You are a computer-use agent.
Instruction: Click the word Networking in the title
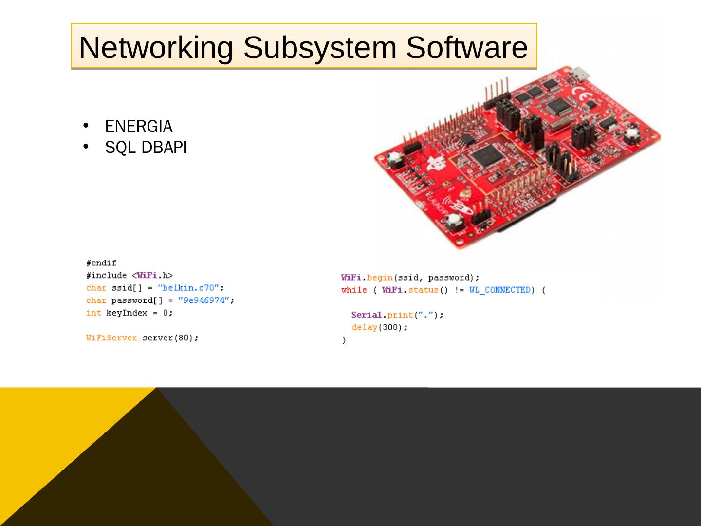click(x=155, y=47)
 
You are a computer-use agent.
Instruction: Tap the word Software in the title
click(x=467, y=47)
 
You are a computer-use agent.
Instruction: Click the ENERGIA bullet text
click(x=139, y=127)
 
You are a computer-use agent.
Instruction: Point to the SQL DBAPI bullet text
click(x=146, y=148)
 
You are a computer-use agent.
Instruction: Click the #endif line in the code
click(x=101, y=263)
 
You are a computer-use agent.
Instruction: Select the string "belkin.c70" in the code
click(x=190, y=288)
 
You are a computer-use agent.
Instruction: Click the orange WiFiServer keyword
click(x=111, y=338)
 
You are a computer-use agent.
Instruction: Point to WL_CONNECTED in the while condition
click(x=500, y=290)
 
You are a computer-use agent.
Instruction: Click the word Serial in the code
click(x=366, y=315)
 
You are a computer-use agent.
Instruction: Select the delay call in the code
click(x=379, y=328)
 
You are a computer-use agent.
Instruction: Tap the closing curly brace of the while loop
click(x=344, y=340)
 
